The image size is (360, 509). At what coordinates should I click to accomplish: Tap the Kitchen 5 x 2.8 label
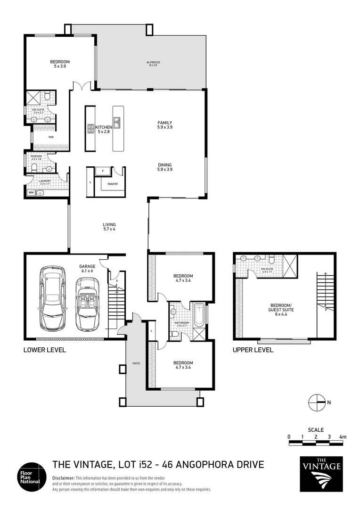[x=104, y=130]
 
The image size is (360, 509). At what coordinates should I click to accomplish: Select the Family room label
[x=164, y=125]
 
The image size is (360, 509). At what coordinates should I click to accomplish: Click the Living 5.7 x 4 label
[x=109, y=227]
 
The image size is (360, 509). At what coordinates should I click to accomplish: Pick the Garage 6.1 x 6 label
[x=87, y=269]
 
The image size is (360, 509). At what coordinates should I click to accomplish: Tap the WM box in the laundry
[x=31, y=192]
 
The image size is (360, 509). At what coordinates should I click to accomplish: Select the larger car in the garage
[x=53, y=299]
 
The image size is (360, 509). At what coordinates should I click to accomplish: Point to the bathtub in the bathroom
[x=199, y=315]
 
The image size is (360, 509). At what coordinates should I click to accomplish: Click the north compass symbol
[x=317, y=402]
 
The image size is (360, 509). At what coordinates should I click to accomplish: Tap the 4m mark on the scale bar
[x=343, y=437]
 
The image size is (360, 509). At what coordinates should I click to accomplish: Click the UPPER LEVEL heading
[x=253, y=350]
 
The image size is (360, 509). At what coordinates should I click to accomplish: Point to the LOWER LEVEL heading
[x=45, y=350]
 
